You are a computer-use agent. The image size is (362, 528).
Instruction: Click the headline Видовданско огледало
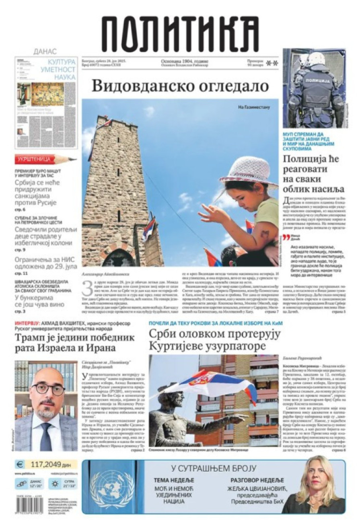[x=180, y=86]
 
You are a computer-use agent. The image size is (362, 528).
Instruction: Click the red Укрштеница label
[x=34, y=160]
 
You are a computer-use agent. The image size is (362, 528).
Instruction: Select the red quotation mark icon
[x=286, y=237]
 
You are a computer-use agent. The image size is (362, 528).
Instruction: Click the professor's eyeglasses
[x=48, y=388]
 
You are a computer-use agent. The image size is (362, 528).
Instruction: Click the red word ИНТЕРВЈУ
[x=26, y=323]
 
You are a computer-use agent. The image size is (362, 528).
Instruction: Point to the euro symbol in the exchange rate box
[x=20, y=464]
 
